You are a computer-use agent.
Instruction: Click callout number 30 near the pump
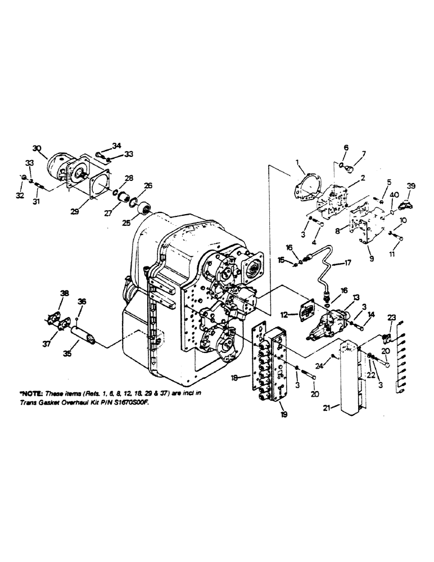click(37, 148)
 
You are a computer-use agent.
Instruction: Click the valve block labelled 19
click(281, 365)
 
